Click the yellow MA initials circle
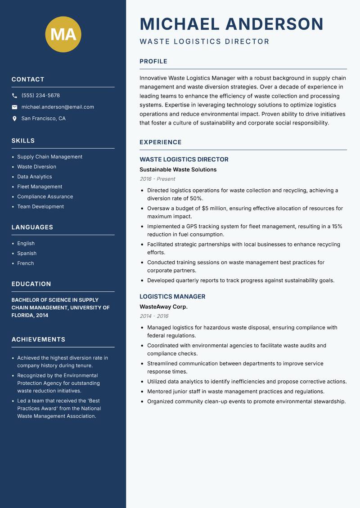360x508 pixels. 63,34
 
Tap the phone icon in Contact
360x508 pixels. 14,96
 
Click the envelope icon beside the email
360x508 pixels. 14,107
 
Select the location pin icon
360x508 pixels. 14,119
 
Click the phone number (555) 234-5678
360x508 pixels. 40,96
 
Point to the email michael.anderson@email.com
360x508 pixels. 58,107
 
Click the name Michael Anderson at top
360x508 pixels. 231,24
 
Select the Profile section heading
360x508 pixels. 153,62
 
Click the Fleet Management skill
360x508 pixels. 40,187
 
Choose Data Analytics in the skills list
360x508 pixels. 35,177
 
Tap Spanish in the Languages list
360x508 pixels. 27,254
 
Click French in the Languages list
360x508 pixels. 26,263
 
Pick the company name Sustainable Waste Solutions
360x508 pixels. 178,169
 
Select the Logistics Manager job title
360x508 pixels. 172,297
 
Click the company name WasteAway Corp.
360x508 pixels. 163,307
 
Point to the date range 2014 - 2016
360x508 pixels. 154,316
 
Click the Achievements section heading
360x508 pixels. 38,339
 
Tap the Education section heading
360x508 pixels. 31,284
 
